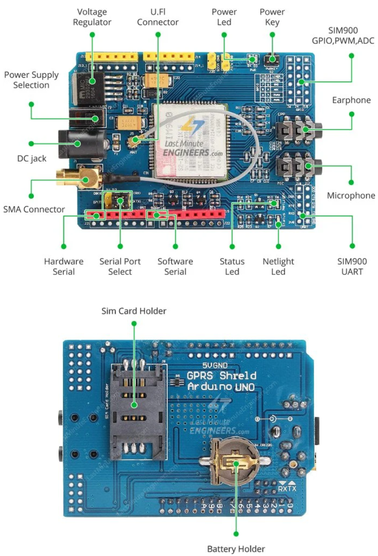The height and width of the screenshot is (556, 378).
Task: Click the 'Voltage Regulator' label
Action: coord(92,17)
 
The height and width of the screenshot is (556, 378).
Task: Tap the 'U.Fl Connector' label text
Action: coord(158,17)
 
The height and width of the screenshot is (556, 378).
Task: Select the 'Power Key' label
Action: coord(272,17)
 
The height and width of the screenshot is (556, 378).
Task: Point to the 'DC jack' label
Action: coord(32,158)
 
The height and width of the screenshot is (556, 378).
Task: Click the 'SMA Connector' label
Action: coord(34,209)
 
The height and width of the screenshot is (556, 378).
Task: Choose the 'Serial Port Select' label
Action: coord(120,266)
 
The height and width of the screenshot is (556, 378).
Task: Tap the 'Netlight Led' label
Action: coord(278,266)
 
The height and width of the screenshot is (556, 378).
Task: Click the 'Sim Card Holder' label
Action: coord(134,311)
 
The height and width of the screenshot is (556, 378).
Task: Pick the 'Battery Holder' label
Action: coord(236,548)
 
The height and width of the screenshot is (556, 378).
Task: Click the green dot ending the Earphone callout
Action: coord(351,114)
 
